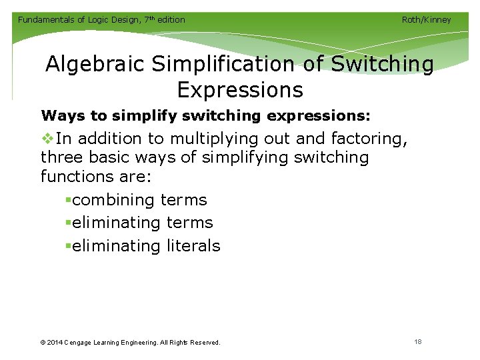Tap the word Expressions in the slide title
240,89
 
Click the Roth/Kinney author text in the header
426,20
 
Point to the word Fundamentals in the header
45,20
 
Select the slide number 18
418,342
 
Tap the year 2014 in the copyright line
56,343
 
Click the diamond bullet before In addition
47,139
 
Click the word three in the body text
60,158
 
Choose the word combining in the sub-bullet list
113,200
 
